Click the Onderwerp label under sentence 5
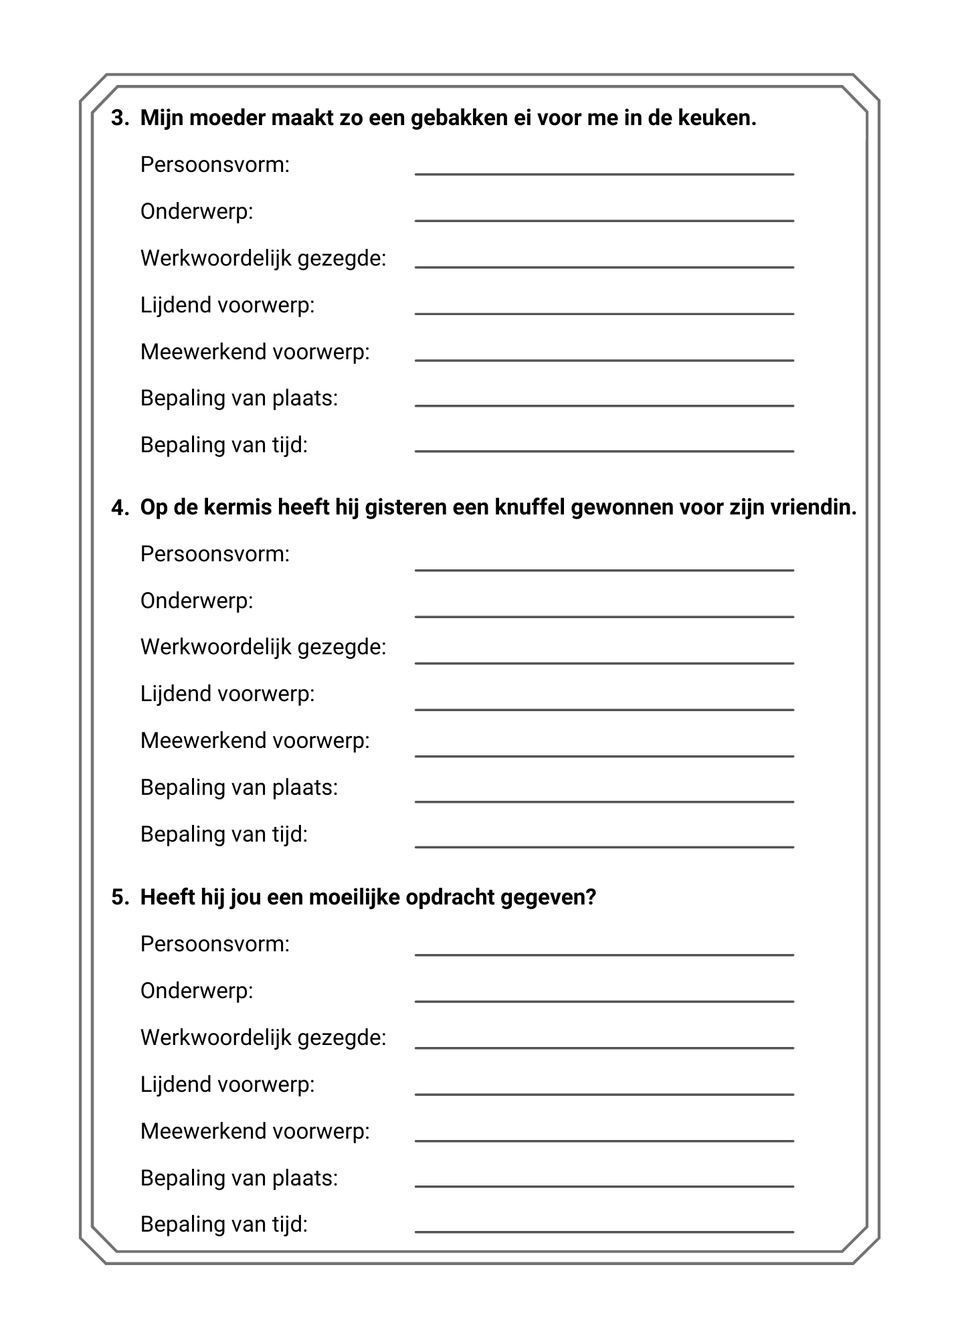click(x=197, y=991)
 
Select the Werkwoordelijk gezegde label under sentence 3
click(x=263, y=258)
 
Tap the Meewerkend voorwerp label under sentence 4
click(x=255, y=741)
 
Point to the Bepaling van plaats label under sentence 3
click(x=239, y=398)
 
